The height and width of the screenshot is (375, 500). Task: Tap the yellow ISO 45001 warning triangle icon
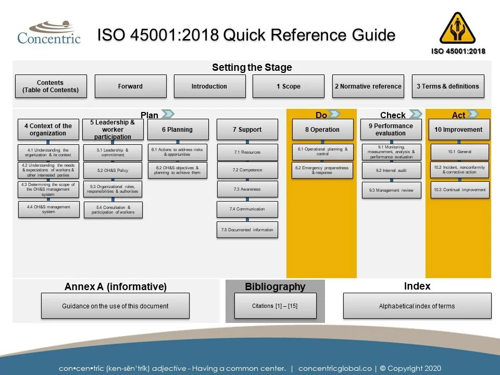pos(457,29)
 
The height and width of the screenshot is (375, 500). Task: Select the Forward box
pos(130,86)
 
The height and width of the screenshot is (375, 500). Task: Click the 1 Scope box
pos(289,86)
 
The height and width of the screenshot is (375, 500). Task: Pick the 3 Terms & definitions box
pos(447,86)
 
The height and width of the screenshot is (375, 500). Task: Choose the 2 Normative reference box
pos(368,86)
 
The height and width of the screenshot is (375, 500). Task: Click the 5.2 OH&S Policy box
pos(113,170)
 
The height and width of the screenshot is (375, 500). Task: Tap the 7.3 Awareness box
pos(247,189)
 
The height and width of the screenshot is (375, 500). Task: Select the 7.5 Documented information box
pos(247,230)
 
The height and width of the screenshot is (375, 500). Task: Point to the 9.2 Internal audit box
pos(391,170)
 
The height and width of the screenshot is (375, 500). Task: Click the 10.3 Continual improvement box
pos(459,190)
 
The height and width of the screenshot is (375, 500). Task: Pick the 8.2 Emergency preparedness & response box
pos(321,170)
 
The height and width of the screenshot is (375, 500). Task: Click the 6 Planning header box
pos(178,130)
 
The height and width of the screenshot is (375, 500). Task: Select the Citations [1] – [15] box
pos(275,306)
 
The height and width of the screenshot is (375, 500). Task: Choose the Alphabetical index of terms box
pos(417,306)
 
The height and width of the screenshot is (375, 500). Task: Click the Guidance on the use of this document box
pos(115,306)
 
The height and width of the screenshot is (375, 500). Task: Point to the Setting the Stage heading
pos(252,68)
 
